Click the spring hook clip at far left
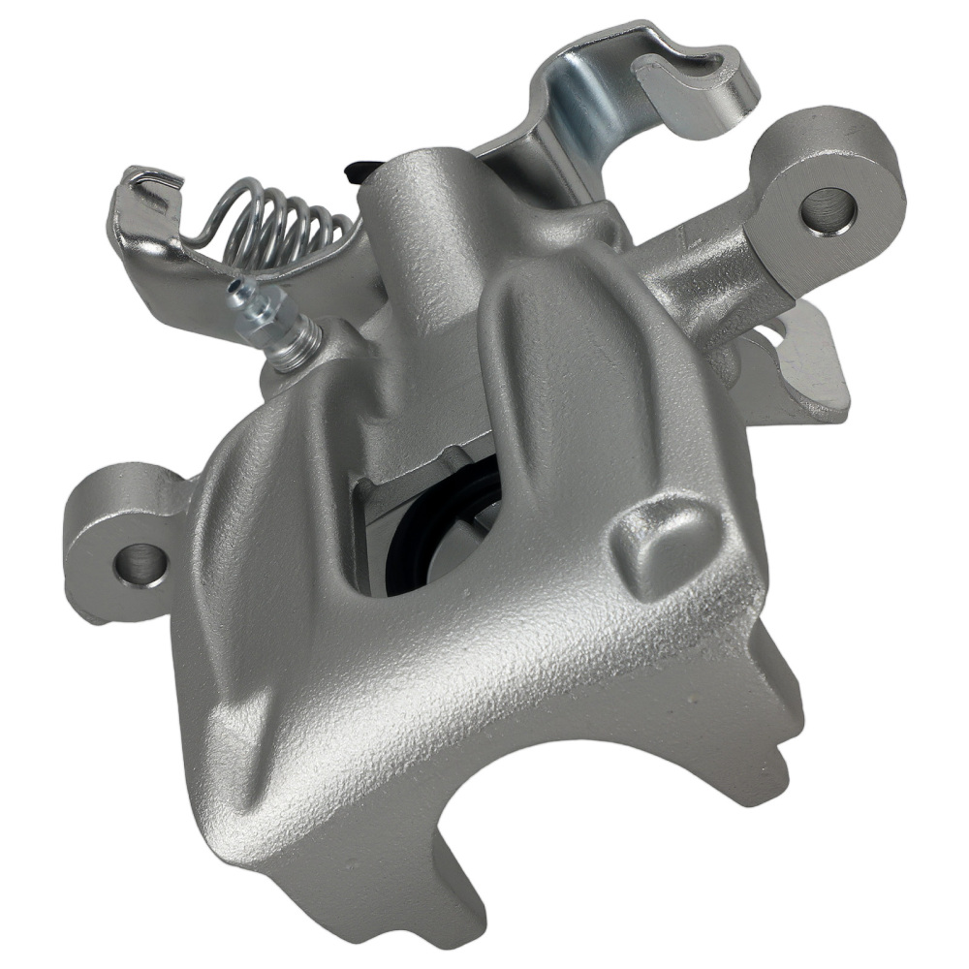coord(145,194)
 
